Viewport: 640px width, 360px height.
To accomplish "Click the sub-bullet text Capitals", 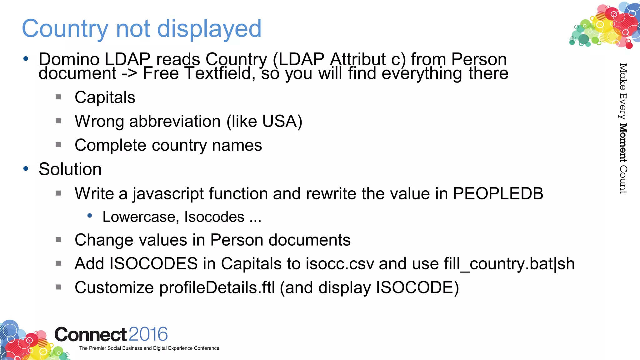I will click(105, 97).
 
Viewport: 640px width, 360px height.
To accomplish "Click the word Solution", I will click(70, 169).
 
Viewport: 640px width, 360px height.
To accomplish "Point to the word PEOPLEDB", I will click(498, 193).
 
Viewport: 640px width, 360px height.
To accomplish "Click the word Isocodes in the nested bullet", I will click(214, 217).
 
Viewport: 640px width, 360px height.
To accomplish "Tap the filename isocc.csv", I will click(340, 264).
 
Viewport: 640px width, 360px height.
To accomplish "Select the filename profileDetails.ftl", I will click(217, 287).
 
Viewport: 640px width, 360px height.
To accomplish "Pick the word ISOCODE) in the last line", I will click(417, 287).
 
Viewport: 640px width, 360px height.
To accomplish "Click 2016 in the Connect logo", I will click(148, 334).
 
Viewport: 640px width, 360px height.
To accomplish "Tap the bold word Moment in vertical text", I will click(623, 143).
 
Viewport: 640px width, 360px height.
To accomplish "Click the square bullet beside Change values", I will click(58, 240).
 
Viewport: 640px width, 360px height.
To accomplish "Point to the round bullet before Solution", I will click(26, 169).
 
